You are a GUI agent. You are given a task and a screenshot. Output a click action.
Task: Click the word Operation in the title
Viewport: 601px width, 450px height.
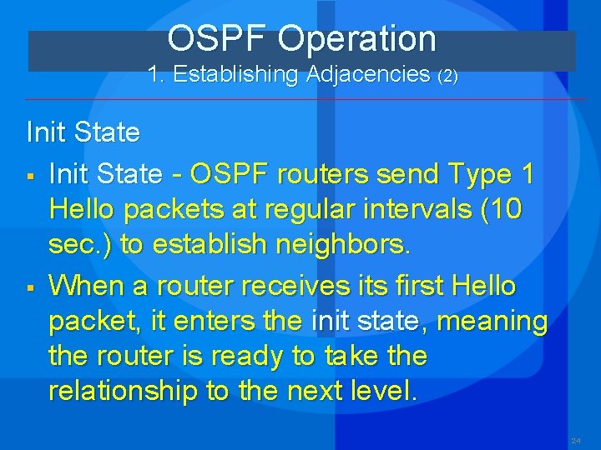coord(356,39)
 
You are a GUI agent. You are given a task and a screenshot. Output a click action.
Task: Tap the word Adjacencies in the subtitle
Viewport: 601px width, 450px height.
coord(368,75)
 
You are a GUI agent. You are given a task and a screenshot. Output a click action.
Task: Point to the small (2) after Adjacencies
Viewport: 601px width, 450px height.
coord(448,76)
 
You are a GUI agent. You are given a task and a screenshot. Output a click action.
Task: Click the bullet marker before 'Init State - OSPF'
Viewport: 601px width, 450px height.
coord(31,177)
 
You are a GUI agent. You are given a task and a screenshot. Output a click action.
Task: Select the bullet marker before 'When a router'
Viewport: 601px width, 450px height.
coord(31,288)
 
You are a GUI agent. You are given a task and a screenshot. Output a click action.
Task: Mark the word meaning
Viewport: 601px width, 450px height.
coord(492,322)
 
